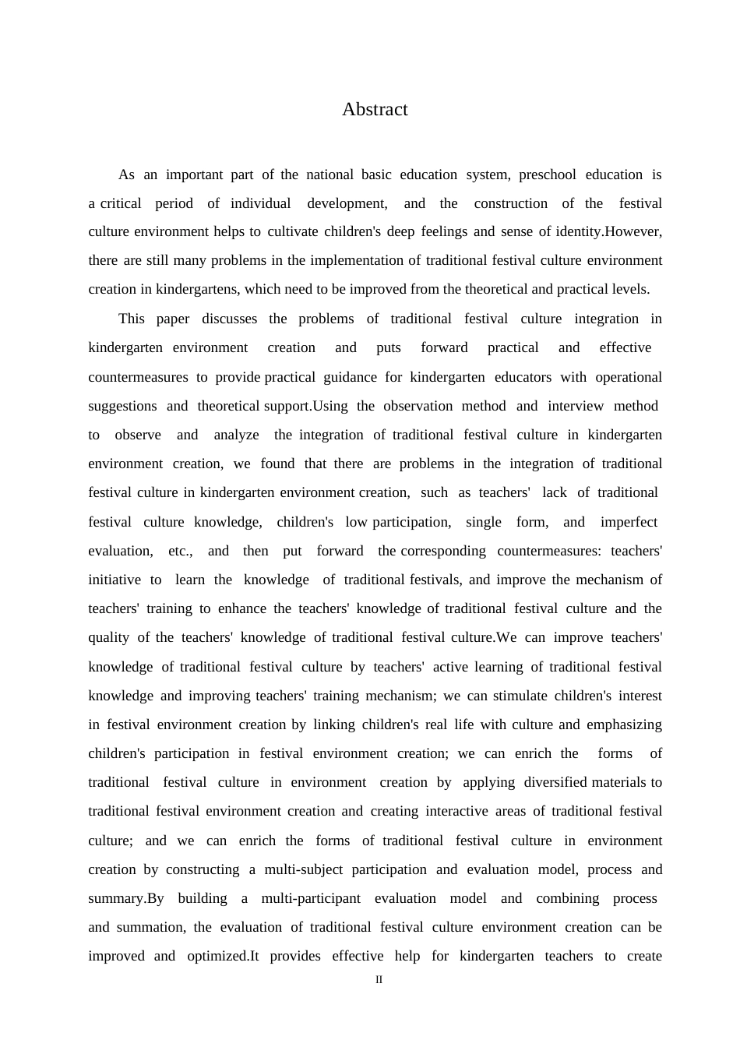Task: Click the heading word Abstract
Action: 375,110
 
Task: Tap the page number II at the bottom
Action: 379,980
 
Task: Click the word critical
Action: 121,203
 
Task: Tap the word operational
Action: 629,377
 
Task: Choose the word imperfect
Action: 629,522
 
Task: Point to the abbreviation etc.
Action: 180,551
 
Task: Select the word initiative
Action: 115,580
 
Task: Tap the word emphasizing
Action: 624,724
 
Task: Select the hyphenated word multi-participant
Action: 311,898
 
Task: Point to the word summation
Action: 151,927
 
